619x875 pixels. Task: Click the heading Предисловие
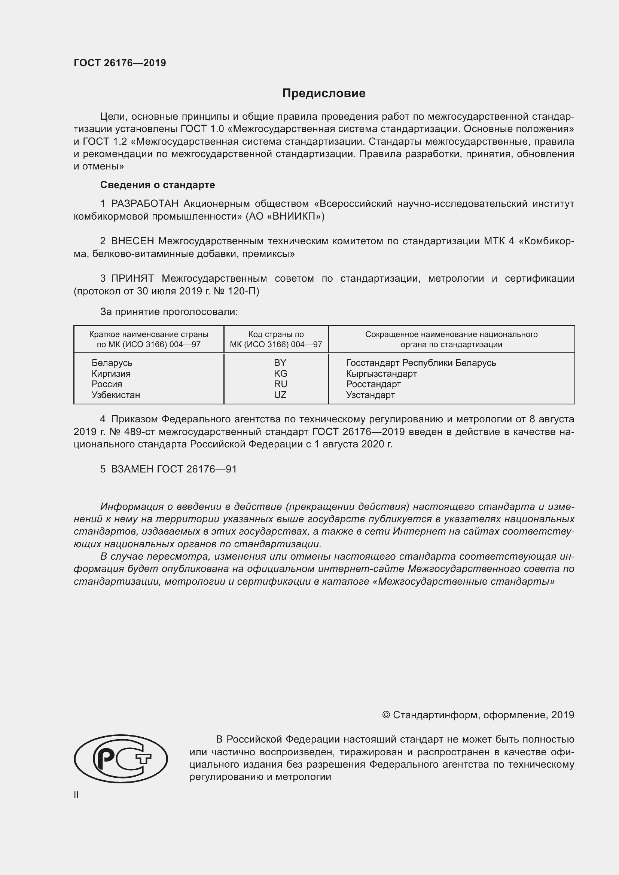pyautogui.click(x=324, y=94)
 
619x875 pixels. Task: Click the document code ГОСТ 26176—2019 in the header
pyautogui.click(x=120, y=63)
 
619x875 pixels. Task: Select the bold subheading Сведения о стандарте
pyautogui.click(x=158, y=185)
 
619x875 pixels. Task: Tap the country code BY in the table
pyautogui.click(x=280, y=362)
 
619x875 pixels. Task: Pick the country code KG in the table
pyautogui.click(x=280, y=373)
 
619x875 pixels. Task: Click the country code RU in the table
pyautogui.click(x=280, y=384)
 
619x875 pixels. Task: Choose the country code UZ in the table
pyautogui.click(x=280, y=395)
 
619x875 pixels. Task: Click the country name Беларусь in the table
pyautogui.click(x=112, y=362)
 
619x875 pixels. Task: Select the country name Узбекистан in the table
pyautogui.click(x=116, y=395)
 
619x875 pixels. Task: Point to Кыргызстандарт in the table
pyautogui.click(x=381, y=373)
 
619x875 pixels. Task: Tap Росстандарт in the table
pyautogui.click(x=373, y=384)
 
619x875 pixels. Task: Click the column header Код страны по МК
pyautogui.click(x=276, y=339)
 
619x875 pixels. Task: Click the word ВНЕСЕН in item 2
pyautogui.click(x=132, y=241)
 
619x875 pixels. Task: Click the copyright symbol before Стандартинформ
pyautogui.click(x=386, y=715)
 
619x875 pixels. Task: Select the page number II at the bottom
pyautogui.click(x=76, y=795)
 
